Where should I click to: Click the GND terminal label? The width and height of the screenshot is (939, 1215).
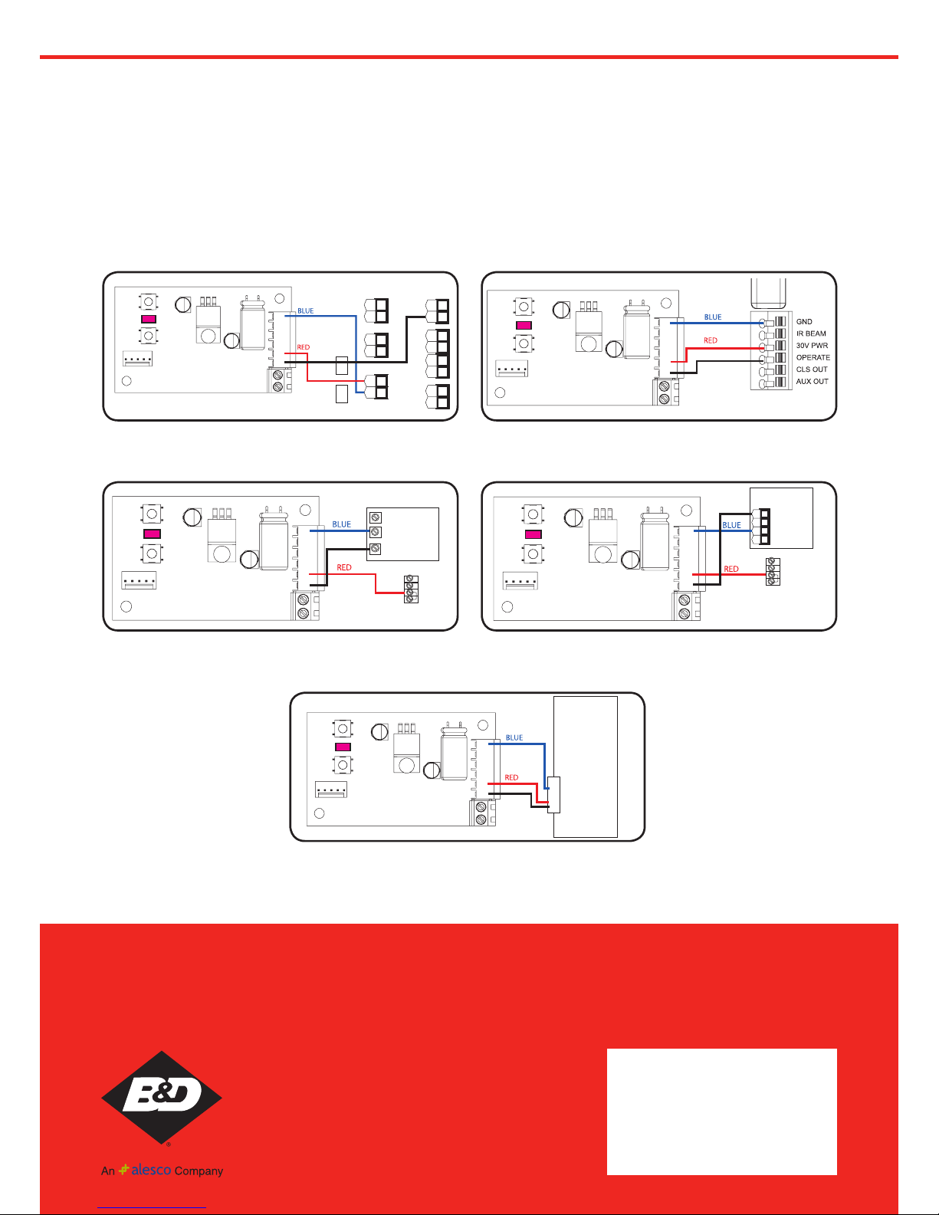[804, 321]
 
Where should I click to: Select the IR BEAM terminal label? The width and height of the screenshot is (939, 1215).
[810, 333]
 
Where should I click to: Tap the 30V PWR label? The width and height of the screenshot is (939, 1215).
[812, 346]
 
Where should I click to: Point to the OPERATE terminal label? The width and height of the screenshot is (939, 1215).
[813, 357]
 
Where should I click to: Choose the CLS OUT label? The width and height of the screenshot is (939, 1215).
[812, 369]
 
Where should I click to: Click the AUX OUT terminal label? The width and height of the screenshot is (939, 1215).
[812, 381]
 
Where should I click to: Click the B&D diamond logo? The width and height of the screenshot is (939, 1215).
[162, 1097]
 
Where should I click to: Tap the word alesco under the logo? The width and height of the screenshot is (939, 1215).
[151, 1170]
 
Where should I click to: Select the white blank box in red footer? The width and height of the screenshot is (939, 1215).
[721, 1112]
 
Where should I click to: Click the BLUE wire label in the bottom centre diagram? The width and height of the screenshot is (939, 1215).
[514, 737]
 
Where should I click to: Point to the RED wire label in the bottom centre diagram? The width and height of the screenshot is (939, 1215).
[511, 777]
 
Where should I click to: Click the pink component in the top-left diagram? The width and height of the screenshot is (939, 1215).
[148, 319]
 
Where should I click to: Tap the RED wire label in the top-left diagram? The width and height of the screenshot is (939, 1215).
[303, 347]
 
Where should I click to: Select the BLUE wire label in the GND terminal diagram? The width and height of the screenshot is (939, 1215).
[713, 317]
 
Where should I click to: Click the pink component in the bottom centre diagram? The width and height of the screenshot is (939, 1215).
[343, 747]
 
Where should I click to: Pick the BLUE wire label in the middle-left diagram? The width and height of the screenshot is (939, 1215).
[342, 524]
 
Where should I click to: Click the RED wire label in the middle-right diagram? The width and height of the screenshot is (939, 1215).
[731, 569]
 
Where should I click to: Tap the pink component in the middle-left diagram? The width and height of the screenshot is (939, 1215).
[152, 534]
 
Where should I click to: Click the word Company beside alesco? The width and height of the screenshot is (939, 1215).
[199, 1171]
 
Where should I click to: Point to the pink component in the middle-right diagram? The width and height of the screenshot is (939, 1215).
[534, 534]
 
